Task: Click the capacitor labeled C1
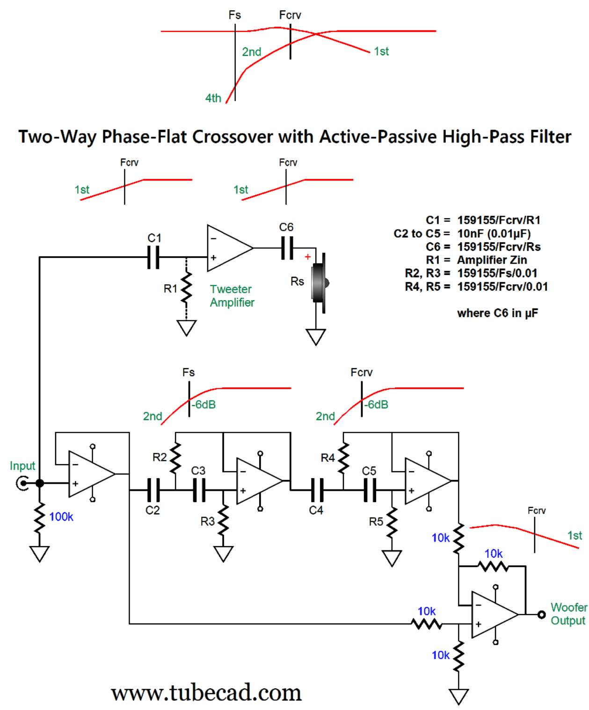(153, 257)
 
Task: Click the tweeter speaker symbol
(320, 283)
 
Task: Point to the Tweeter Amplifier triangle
(228, 248)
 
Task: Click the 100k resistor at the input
(40, 518)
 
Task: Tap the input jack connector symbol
(22, 483)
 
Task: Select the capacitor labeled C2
(153, 490)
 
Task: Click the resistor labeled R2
(175, 458)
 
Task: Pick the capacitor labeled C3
(199, 490)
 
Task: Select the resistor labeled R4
(344, 458)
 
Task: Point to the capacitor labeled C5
(370, 490)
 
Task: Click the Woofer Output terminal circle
(541, 614)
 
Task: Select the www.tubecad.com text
(206, 692)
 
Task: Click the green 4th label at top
(213, 98)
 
